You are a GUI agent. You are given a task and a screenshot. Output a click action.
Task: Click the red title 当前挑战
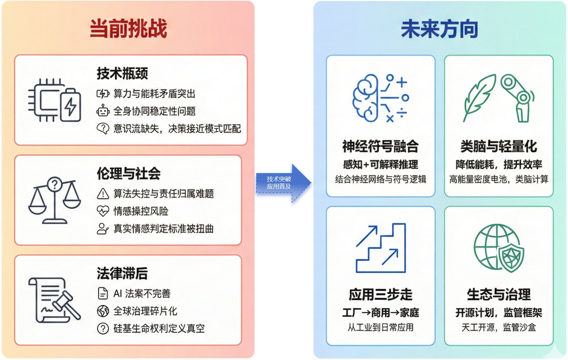pyautogui.click(x=128, y=28)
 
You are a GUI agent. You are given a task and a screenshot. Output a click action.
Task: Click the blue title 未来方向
pyautogui.click(x=439, y=29)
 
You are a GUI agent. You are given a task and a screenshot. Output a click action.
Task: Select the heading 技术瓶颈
pyautogui.click(x=122, y=73)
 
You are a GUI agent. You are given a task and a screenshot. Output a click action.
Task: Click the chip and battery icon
pyautogui.click(x=55, y=100)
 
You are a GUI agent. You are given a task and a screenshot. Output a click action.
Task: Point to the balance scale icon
pyautogui.click(x=55, y=200)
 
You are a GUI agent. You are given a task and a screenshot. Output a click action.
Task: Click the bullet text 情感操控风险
pyautogui.click(x=141, y=211)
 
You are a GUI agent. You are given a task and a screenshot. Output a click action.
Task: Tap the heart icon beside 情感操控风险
pyautogui.click(x=103, y=211)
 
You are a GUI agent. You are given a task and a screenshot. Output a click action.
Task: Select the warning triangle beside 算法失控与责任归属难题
pyautogui.click(x=103, y=194)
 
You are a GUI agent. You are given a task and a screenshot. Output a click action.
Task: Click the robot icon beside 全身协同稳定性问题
pyautogui.click(x=103, y=111)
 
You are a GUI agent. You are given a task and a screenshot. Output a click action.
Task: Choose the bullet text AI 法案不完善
pyautogui.click(x=142, y=294)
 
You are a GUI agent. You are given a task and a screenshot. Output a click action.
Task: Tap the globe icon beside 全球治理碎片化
pyautogui.click(x=103, y=311)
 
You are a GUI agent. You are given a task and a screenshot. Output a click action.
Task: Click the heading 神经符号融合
pyautogui.click(x=380, y=146)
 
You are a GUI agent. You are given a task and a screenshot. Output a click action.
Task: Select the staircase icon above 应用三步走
pyautogui.click(x=381, y=248)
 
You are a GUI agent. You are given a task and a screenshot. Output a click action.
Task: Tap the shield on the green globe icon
pyautogui.click(x=511, y=257)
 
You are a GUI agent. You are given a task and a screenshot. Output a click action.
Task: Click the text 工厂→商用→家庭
pyautogui.click(x=381, y=313)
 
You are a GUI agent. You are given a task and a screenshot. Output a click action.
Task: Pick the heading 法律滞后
pyautogui.click(x=122, y=273)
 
